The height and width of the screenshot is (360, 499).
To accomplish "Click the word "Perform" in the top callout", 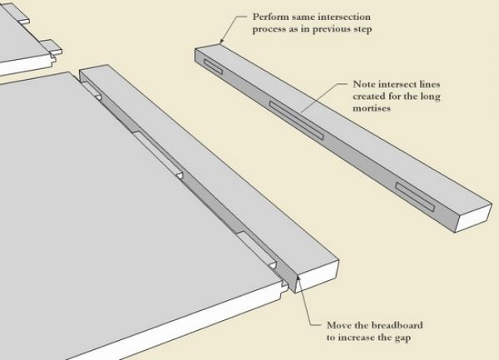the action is click(256, 16).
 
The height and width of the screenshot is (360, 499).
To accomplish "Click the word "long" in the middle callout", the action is click(433, 96).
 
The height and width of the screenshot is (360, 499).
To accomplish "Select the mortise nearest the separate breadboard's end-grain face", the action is click(413, 196).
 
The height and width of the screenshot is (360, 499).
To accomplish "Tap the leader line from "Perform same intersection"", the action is click(228, 27).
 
